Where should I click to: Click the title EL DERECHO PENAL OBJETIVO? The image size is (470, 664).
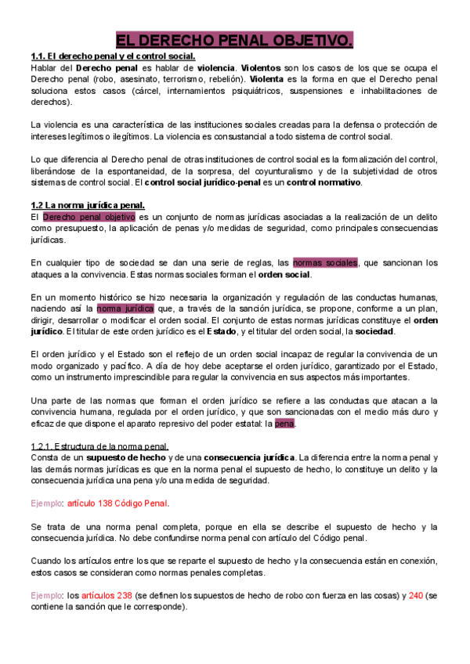[234, 40]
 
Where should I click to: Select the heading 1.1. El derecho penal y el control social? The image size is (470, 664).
[113, 56]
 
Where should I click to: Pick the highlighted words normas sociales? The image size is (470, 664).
[325, 263]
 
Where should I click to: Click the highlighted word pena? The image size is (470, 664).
[284, 424]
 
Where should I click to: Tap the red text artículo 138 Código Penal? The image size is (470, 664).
[117, 503]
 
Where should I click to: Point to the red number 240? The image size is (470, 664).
[416, 596]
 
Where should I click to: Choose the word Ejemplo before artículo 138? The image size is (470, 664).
[46, 503]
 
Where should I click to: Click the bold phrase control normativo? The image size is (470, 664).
[323, 182]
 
